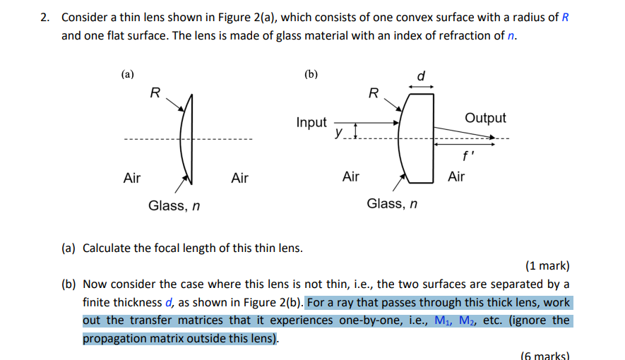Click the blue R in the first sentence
click(565, 18)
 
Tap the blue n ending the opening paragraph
click(511, 36)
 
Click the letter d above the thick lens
click(421, 76)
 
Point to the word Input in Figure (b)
click(311, 122)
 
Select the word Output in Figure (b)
click(485, 118)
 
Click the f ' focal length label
click(468, 156)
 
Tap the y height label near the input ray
click(338, 132)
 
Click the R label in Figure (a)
click(155, 92)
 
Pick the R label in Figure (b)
click(374, 93)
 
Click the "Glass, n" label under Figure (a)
click(174, 205)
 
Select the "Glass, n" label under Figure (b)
click(392, 203)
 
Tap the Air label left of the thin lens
click(132, 178)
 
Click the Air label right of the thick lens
click(456, 176)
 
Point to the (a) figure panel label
click(128, 74)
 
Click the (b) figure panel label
click(311, 74)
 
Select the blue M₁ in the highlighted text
click(444, 320)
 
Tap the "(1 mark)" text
click(547, 265)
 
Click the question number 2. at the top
click(45, 18)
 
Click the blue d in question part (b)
click(169, 303)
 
